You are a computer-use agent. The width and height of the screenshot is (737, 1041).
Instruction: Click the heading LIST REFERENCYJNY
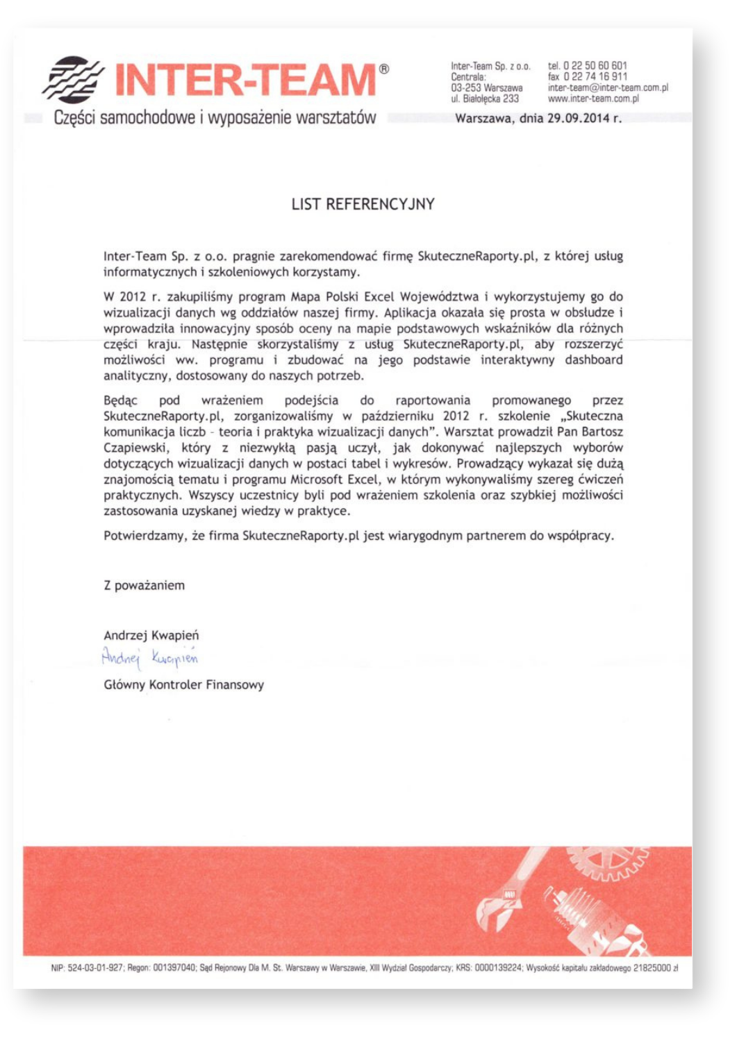coord(363,204)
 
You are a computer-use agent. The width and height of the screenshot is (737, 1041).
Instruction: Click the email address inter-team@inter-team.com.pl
coord(608,88)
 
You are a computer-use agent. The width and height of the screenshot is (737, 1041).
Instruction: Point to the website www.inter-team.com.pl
coord(593,99)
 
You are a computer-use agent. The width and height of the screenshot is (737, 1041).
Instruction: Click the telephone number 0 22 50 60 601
coord(595,66)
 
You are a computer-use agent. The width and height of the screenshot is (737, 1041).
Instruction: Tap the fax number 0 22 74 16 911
coord(595,76)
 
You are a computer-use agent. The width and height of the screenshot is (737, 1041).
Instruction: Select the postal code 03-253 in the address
coord(464,88)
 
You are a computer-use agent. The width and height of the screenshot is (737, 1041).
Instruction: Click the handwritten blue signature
coord(150,657)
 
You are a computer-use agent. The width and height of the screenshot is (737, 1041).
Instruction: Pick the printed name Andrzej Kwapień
coord(151,635)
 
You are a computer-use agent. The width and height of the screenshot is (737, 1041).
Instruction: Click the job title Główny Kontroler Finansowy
coord(183,685)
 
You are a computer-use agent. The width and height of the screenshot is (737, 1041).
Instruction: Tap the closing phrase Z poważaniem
coord(144,585)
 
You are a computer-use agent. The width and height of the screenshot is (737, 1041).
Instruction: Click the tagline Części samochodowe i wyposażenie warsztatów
coord(215,117)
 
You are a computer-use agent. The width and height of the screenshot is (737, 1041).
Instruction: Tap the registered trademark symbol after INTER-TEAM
coord(384,69)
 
